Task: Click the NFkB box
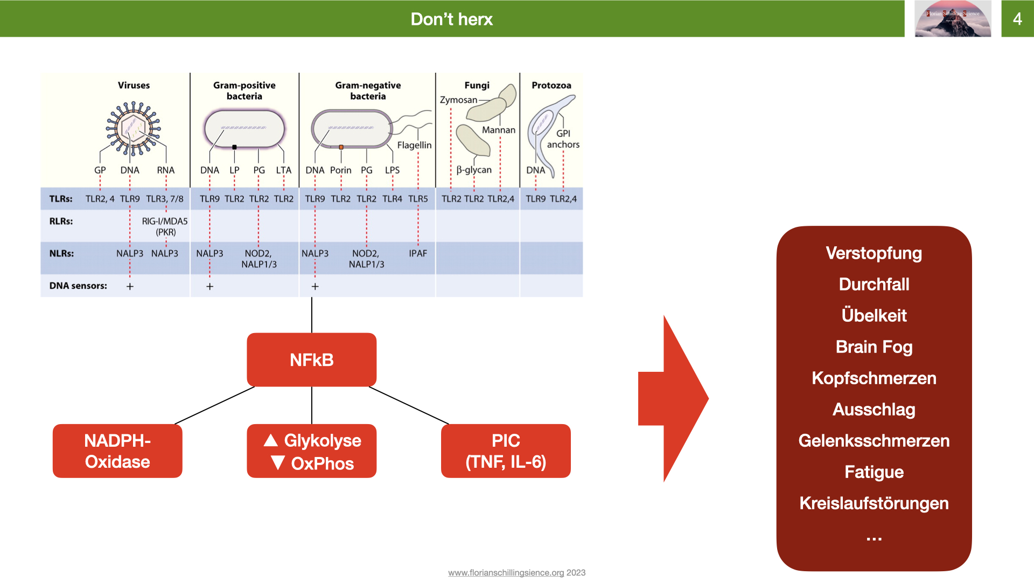click(x=311, y=359)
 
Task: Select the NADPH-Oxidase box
click(x=117, y=451)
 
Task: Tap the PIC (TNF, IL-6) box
click(x=506, y=451)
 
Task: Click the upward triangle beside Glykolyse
click(x=271, y=440)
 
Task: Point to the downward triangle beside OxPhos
click(x=278, y=462)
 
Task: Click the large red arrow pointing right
click(x=673, y=399)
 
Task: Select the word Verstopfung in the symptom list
click(x=874, y=253)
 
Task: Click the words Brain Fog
click(x=874, y=347)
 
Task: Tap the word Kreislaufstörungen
click(x=874, y=503)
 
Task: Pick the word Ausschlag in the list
click(x=874, y=410)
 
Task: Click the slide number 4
click(x=1017, y=19)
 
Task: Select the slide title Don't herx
click(x=452, y=19)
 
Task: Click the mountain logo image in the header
click(x=953, y=19)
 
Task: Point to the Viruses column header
click(x=134, y=85)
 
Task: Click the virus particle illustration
click(x=133, y=128)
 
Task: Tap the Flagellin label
click(x=414, y=145)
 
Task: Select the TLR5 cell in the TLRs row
click(x=418, y=199)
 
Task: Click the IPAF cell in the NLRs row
click(x=418, y=253)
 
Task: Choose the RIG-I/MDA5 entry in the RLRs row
click(x=165, y=221)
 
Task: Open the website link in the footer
click(x=506, y=572)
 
